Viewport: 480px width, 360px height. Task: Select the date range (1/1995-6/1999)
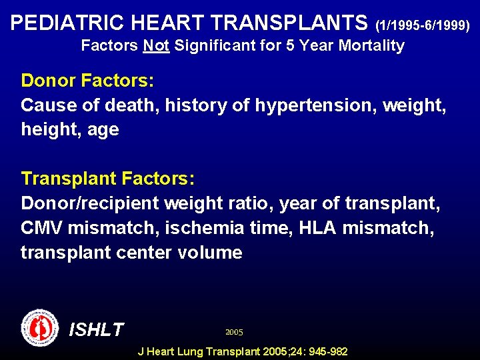(x=423, y=26)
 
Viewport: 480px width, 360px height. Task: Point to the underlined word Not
(x=156, y=46)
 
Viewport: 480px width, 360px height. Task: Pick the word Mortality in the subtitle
(x=373, y=46)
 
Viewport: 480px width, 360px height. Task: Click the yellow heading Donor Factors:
(x=87, y=81)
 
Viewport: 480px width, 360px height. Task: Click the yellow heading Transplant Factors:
(x=107, y=179)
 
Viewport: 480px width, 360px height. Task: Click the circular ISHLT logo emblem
(x=40, y=327)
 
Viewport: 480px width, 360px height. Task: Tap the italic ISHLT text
(x=97, y=329)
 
